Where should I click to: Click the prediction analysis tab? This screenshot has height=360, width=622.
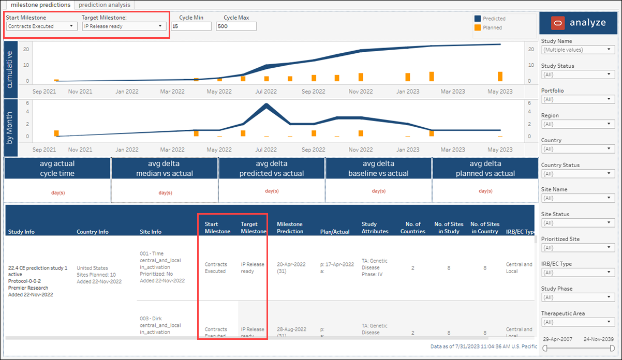click(x=104, y=5)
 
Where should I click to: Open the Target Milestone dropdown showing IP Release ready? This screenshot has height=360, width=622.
click(x=124, y=26)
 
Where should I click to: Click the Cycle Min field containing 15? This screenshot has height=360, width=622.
click(x=191, y=26)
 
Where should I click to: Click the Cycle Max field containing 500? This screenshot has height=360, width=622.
click(x=236, y=26)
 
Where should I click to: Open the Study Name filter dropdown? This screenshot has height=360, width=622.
click(x=577, y=50)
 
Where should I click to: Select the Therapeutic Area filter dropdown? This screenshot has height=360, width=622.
click(x=577, y=322)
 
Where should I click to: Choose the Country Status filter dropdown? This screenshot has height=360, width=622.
click(x=577, y=174)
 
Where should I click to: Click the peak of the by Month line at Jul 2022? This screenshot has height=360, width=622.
click(x=266, y=106)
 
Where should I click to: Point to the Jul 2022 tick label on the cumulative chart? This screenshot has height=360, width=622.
click(x=266, y=92)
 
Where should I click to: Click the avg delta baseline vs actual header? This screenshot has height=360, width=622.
click(x=378, y=169)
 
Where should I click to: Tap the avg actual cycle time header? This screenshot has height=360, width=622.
click(x=57, y=169)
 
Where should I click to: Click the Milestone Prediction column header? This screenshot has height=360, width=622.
click(x=290, y=228)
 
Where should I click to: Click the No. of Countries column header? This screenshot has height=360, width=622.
click(x=412, y=228)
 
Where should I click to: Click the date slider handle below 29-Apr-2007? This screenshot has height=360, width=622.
click(x=545, y=349)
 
